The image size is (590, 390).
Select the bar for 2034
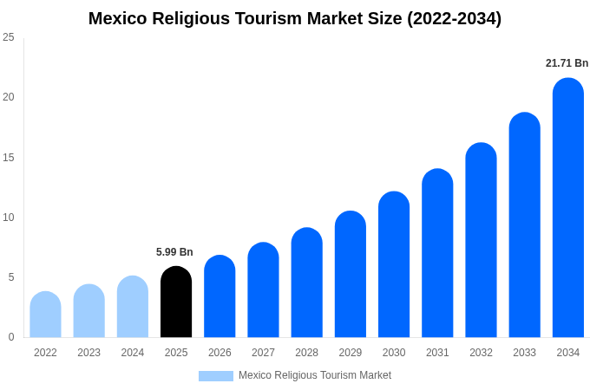point(567,208)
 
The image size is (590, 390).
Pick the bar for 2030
point(394,264)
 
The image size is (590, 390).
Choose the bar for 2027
point(263,289)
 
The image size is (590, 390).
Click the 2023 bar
point(88,311)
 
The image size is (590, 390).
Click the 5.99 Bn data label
point(174,252)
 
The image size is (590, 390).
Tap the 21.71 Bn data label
point(567,63)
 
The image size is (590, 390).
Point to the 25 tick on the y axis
point(9,37)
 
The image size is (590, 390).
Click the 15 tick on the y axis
point(9,157)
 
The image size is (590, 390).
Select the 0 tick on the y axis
point(11,337)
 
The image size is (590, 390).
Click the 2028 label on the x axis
point(306,353)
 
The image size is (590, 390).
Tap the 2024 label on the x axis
point(133,353)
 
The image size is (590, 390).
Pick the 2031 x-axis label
point(437,353)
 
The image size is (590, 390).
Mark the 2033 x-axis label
point(524,353)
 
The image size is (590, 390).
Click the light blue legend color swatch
point(215,376)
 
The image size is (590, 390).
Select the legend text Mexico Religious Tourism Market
point(315,375)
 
